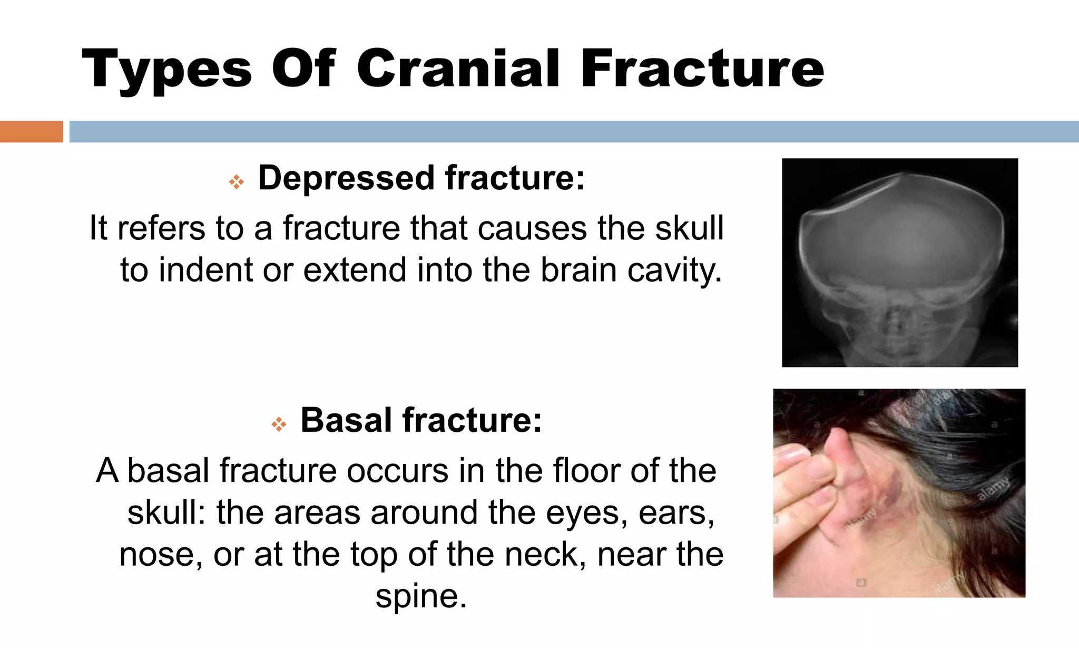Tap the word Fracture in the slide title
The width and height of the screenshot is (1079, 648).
point(702,69)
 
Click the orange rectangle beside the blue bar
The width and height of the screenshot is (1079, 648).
point(31,131)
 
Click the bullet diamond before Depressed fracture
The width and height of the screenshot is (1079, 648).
point(236,182)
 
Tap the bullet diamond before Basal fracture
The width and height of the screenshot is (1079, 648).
point(279,424)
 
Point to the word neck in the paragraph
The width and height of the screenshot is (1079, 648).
point(545,554)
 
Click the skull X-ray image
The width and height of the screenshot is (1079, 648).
point(899,263)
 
